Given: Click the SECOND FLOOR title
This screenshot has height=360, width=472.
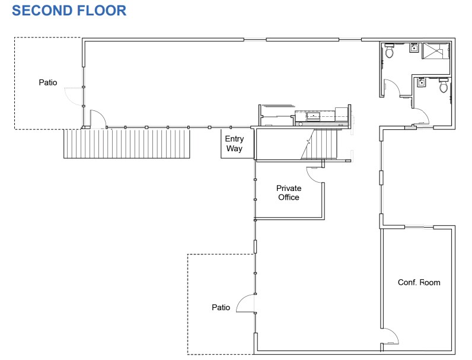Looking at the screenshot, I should [x=69, y=10].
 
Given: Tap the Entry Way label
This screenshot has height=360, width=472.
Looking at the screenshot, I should [x=234, y=144].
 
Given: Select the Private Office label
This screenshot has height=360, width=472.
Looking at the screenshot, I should [x=289, y=193].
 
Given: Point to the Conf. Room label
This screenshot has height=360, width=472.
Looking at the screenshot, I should [x=419, y=282].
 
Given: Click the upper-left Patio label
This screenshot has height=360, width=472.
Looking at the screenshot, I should [x=48, y=82].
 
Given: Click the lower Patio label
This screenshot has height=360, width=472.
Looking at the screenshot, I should [x=221, y=307].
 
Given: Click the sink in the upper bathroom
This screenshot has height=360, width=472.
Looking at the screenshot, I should [x=414, y=49].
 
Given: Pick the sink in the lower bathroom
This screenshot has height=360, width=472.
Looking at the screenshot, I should [x=422, y=83].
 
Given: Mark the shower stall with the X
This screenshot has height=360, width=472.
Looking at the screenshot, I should [x=436, y=52].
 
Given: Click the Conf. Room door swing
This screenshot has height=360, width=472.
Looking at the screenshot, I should [x=391, y=336].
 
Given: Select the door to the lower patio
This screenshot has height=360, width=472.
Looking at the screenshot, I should [x=245, y=304].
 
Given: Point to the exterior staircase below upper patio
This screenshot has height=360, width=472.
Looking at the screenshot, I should [x=127, y=144].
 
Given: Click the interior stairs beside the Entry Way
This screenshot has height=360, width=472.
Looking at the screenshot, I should [x=320, y=145].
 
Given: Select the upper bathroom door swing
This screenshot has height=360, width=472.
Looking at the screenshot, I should [x=392, y=88].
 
